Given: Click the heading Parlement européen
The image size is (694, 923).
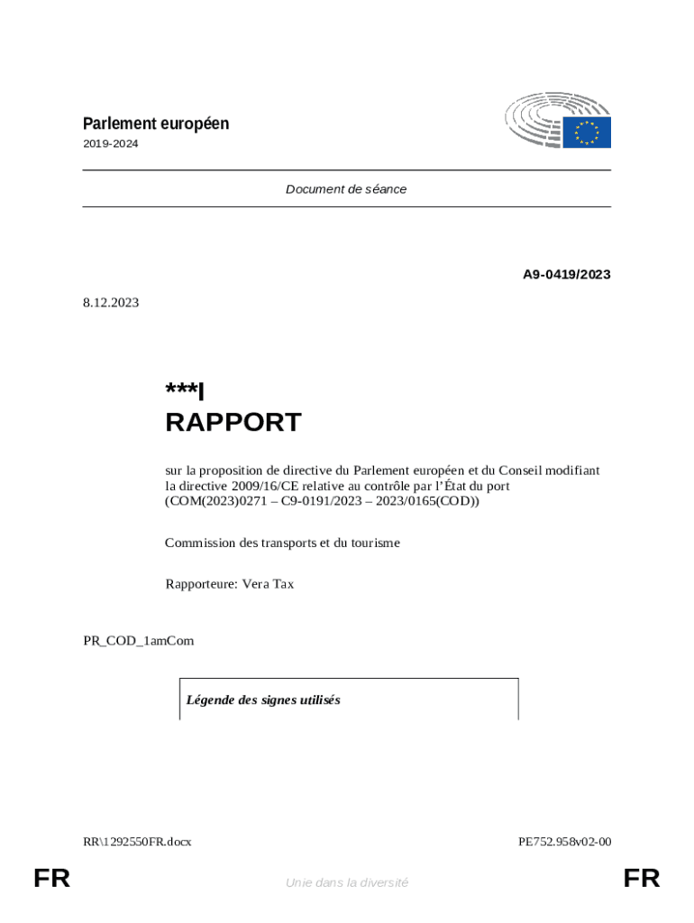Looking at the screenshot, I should pos(156,123).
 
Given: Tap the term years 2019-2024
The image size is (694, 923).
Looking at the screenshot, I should pos(111,144).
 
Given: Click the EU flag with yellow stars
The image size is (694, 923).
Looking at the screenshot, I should pos(588,133).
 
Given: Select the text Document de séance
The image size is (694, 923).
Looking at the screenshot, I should pos(346,189).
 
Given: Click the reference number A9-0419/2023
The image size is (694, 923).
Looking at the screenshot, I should pos(567,274).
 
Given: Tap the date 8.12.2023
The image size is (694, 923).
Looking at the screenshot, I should pos(111,303).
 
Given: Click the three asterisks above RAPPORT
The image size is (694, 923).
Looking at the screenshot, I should pos(181,389).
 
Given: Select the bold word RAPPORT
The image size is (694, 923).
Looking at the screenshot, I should pos(233,422).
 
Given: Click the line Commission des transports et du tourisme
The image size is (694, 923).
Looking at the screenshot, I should pos(282,543).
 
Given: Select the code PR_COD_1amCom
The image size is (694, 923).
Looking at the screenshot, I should pos(138,641).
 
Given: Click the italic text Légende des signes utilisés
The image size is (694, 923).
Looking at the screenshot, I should pos(263,700).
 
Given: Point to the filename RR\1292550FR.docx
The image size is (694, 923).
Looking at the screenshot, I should pos(137,842).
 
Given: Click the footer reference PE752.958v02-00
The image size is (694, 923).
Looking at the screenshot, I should pos(564,842).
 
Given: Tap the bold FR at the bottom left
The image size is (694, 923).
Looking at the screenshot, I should pos(51,879).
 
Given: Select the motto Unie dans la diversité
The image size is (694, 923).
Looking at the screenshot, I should pos(347,882).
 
